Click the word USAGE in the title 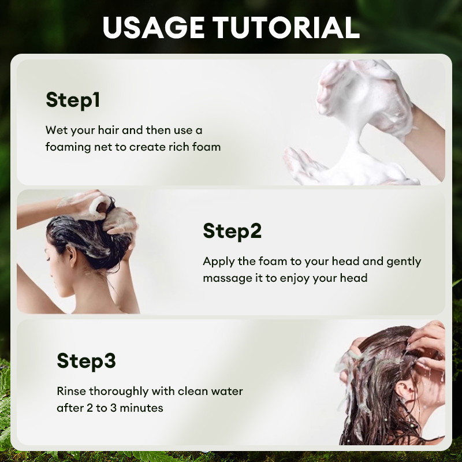154,27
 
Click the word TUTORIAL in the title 286,27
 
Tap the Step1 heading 73,100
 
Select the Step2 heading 232,232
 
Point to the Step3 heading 86,362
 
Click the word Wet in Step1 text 55,130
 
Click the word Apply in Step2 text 215,262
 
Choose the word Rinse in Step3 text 70,392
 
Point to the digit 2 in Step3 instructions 90,408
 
